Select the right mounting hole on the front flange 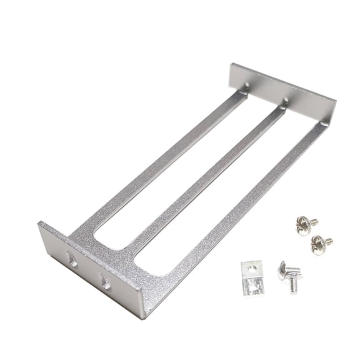pos(106,284)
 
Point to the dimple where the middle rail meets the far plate pos(286,101)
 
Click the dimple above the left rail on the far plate pos(246,86)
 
